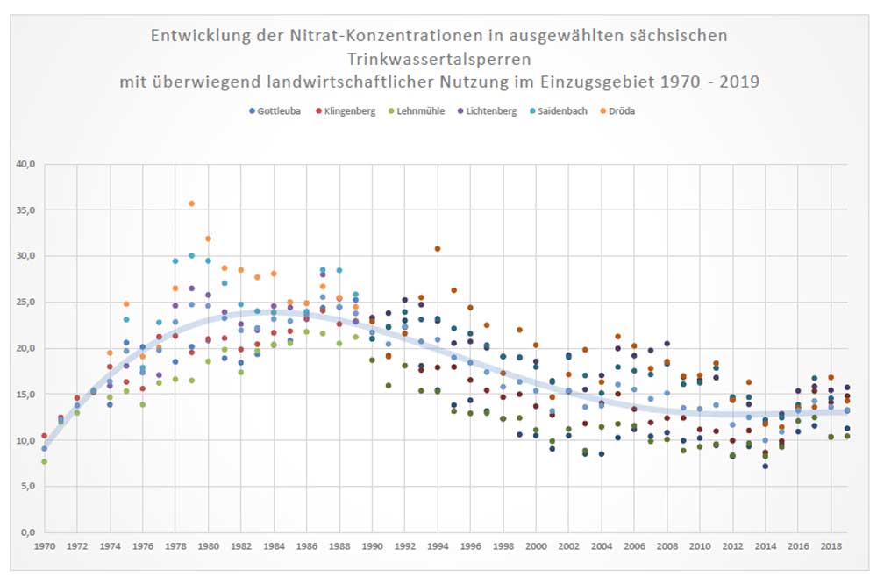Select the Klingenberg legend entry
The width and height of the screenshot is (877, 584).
pyautogui.click(x=350, y=111)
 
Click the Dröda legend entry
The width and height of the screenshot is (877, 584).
pyautogui.click(x=624, y=111)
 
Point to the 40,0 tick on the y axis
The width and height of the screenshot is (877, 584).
pyautogui.click(x=24, y=164)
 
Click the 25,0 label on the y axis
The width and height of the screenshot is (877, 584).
pyautogui.click(x=24, y=303)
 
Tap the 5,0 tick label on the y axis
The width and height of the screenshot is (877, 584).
pyautogui.click(x=26, y=487)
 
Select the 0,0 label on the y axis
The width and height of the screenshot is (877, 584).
pyautogui.click(x=26, y=532)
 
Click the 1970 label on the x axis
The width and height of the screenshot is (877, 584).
pyautogui.click(x=44, y=546)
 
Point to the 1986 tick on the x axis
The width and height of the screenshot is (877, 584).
pyautogui.click(x=306, y=546)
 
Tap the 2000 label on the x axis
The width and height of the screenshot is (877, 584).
pyautogui.click(x=536, y=546)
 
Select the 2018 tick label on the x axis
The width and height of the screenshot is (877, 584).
pyautogui.click(x=831, y=546)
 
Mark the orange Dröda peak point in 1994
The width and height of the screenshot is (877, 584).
pyautogui.click(x=437, y=249)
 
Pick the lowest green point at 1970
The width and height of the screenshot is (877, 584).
pyautogui.click(x=44, y=461)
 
